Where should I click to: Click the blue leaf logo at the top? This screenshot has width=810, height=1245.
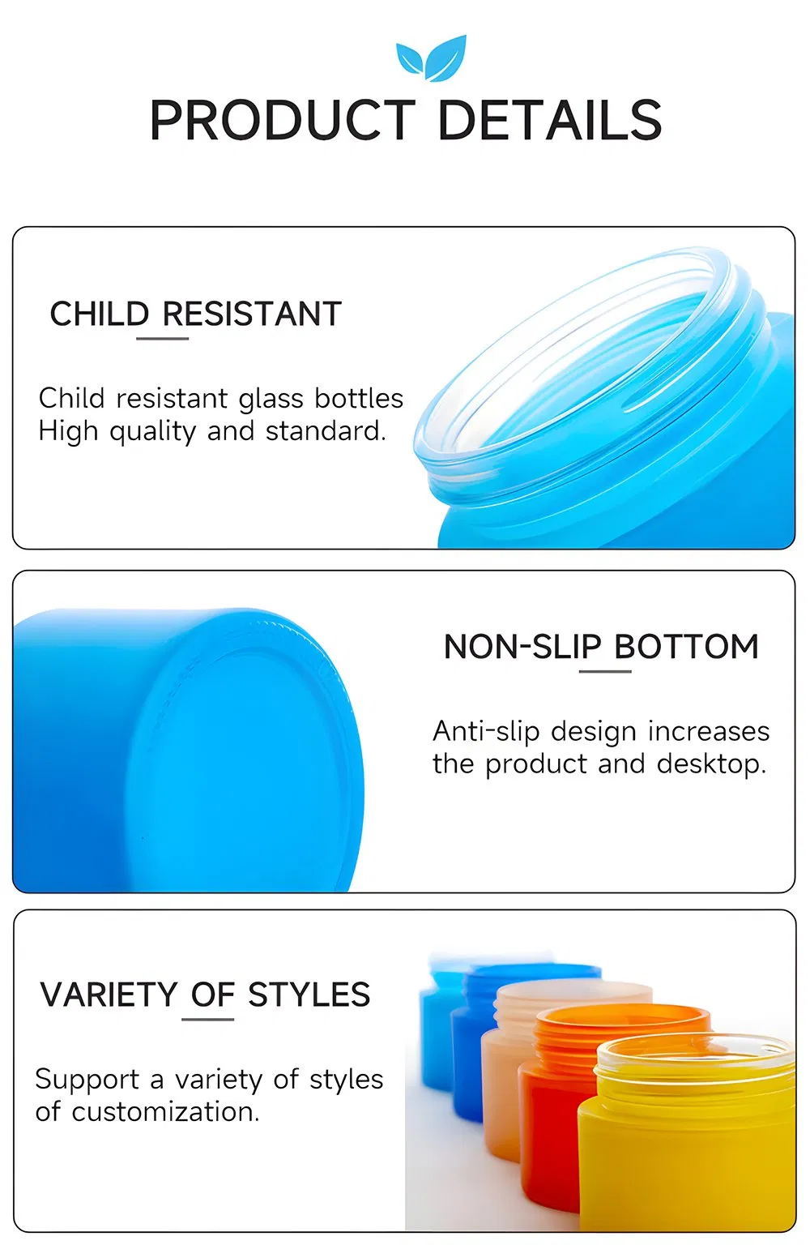pyautogui.click(x=432, y=58)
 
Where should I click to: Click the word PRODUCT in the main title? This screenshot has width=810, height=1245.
pyautogui.click(x=282, y=121)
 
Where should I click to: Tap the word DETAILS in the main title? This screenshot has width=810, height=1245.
pyautogui.click(x=549, y=121)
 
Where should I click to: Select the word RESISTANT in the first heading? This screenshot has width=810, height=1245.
pyautogui.click(x=252, y=314)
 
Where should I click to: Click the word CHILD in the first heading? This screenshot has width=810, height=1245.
pyautogui.click(x=100, y=314)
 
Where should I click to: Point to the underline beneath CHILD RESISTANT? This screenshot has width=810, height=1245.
pyautogui.click(x=162, y=338)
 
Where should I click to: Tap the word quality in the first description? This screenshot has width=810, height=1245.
pyautogui.click(x=152, y=432)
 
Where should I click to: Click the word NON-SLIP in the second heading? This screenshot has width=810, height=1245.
pyautogui.click(x=522, y=647)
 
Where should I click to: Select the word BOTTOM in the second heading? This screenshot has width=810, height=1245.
pyautogui.click(x=687, y=647)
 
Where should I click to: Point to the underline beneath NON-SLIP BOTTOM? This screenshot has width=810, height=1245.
pyautogui.click(x=605, y=671)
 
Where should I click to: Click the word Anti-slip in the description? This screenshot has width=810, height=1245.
pyautogui.click(x=486, y=731)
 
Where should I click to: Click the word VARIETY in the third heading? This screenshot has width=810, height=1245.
pyautogui.click(x=109, y=995)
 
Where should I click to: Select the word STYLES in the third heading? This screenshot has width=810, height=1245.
pyautogui.click(x=309, y=995)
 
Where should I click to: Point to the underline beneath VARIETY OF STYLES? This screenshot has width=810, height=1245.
pyautogui.click(x=207, y=1019)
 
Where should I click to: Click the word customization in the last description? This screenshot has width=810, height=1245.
pyautogui.click(x=165, y=1112)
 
